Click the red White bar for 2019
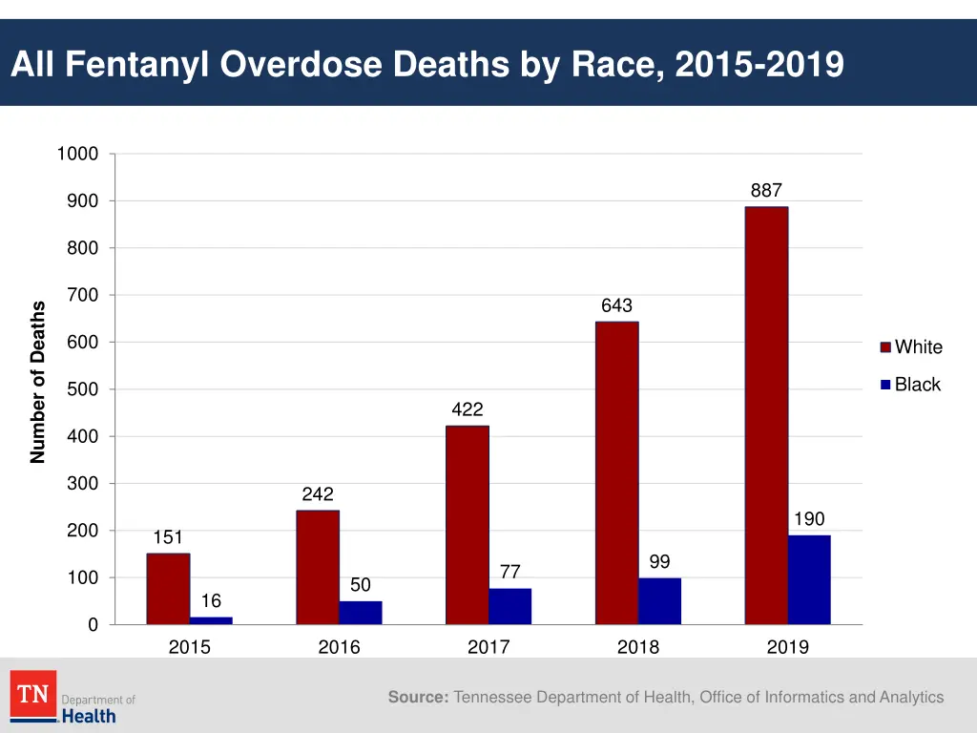click(766, 415)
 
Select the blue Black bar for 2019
click(809, 580)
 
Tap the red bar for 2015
click(168, 589)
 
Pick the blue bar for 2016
click(361, 613)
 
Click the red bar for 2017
click(467, 525)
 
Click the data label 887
click(766, 191)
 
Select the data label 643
click(616, 305)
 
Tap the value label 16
click(211, 601)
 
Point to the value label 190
click(809, 519)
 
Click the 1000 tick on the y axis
click(77, 154)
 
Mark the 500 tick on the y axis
click(82, 389)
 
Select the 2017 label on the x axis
click(488, 647)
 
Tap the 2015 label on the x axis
click(189, 647)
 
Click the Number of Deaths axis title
click(38, 382)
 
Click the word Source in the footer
click(417, 698)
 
